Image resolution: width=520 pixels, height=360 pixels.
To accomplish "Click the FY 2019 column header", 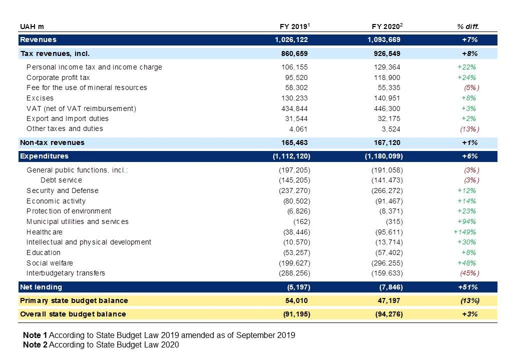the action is (294, 26).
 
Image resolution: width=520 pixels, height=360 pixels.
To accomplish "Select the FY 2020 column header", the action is (387, 26).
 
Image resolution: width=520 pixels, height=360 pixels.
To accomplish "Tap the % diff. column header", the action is (468, 26).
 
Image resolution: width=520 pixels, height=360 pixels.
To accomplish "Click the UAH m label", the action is (32, 26).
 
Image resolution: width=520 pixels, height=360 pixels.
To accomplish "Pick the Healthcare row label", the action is (45, 232).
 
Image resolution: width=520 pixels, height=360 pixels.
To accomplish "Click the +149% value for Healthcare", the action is (464, 232).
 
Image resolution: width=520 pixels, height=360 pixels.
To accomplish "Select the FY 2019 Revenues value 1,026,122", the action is (291, 39).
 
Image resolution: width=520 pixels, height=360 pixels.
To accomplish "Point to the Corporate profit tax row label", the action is (58, 77).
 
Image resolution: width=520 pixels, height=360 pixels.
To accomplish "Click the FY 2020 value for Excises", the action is (387, 98).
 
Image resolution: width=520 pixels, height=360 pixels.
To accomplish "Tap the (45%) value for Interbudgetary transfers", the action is (469, 273).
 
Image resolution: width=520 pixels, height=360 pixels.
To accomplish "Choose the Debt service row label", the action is (62, 180).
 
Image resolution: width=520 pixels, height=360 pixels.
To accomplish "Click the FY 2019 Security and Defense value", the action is (294, 191).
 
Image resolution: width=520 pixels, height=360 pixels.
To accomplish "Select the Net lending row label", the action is (41, 287).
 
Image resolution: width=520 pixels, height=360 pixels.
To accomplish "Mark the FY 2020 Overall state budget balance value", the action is (389, 314).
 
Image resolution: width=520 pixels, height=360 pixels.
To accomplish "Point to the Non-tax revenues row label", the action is (52, 142).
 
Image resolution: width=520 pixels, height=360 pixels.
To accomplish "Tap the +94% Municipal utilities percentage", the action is (466, 221).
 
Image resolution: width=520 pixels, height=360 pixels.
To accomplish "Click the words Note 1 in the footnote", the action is (35, 335).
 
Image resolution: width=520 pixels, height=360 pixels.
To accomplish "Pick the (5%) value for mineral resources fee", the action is (471, 88).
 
